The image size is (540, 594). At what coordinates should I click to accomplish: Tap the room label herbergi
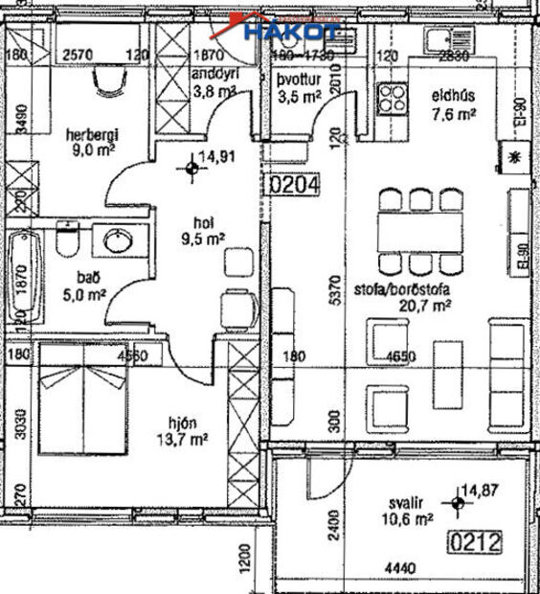[89, 133]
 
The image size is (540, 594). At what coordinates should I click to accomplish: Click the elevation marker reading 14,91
[194, 170]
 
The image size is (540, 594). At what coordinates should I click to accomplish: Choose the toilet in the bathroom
[68, 244]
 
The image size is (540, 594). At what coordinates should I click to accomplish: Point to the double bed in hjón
[84, 398]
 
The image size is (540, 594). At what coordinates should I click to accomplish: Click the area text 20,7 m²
[427, 307]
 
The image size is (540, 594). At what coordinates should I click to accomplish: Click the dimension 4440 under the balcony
[394, 569]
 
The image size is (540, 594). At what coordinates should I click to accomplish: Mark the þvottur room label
[296, 80]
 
